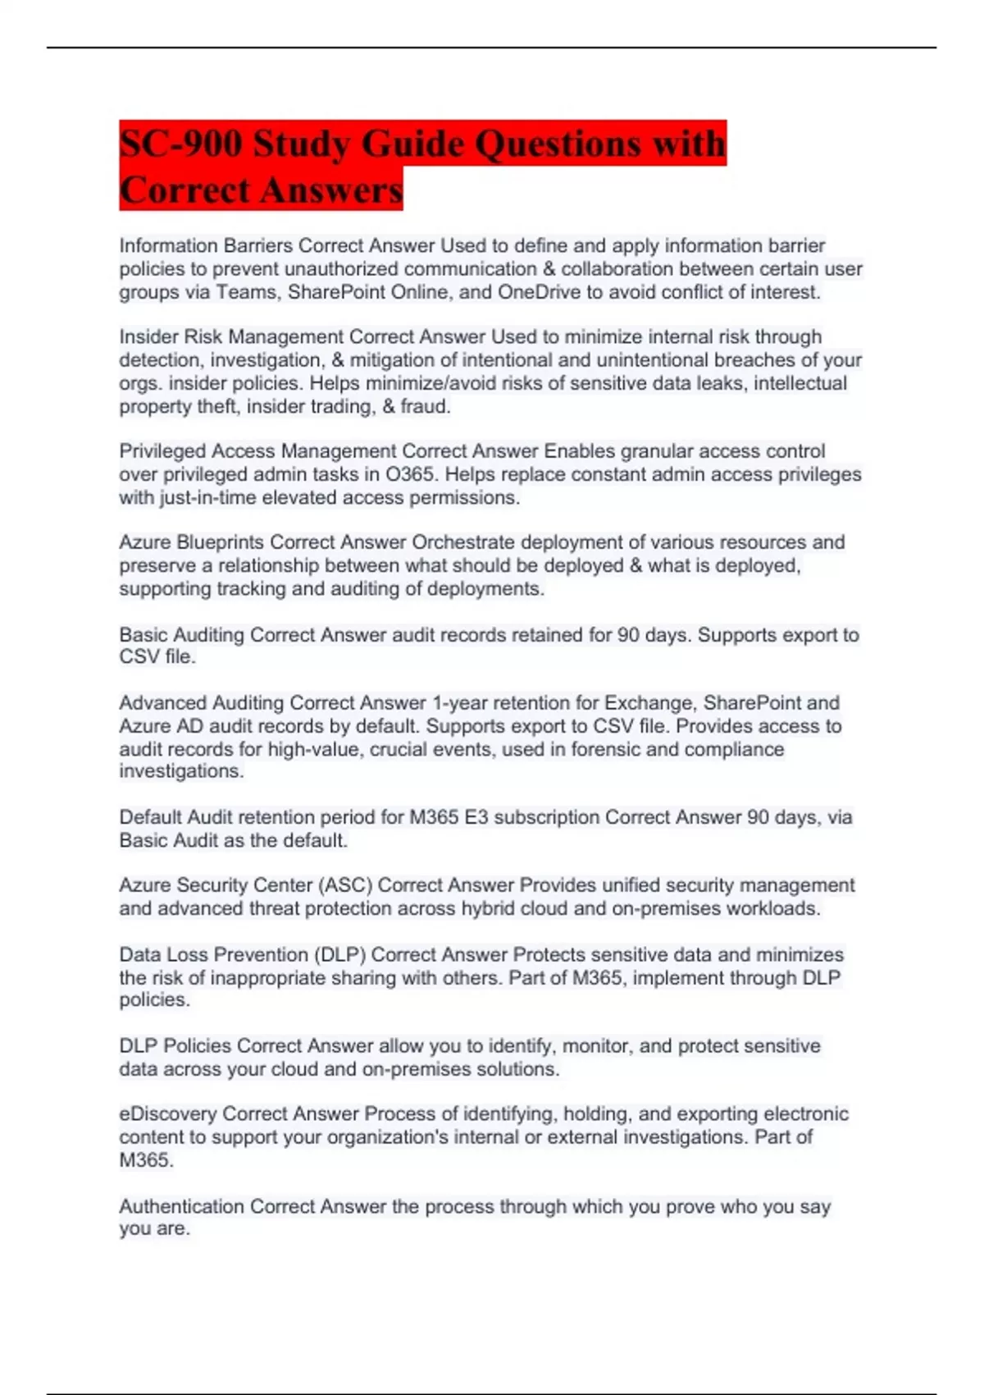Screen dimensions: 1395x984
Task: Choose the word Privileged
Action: click(162, 451)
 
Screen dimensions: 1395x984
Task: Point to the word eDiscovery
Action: click(167, 1114)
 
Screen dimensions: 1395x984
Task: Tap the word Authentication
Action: click(181, 1207)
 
